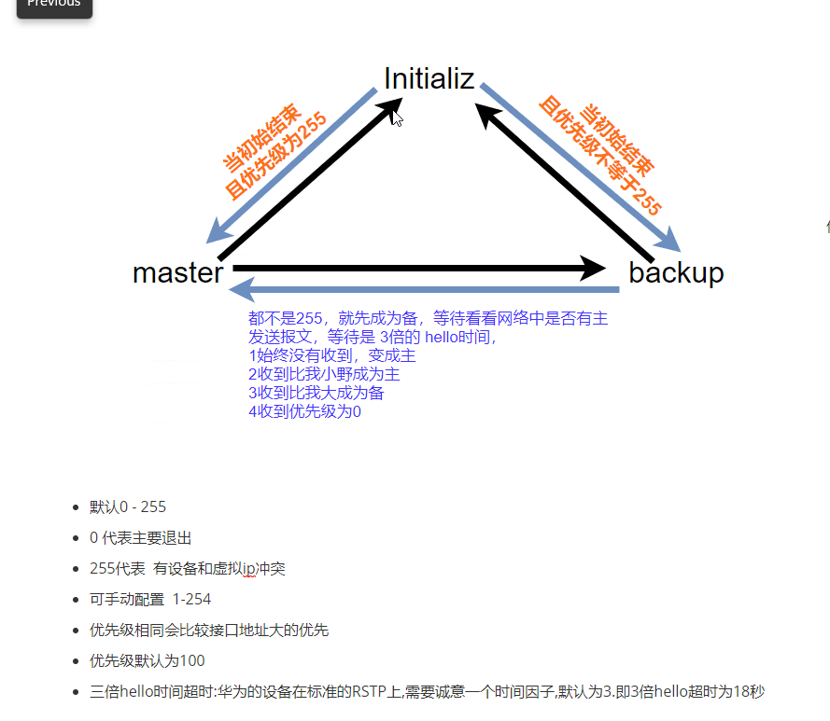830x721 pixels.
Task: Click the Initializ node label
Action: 429,78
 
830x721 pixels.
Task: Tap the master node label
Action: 177,272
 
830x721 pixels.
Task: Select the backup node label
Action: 676,272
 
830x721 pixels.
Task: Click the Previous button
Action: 54,5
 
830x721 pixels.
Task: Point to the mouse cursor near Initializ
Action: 397,118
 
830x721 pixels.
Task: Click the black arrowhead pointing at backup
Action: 594,269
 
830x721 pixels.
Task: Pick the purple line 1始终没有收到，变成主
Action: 331,355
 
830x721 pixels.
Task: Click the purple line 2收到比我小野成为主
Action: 324,374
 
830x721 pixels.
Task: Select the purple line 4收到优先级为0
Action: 304,411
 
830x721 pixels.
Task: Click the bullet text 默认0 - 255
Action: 128,507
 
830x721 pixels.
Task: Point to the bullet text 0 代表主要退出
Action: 141,538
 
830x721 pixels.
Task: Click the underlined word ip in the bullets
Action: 249,569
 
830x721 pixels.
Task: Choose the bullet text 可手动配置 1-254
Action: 150,600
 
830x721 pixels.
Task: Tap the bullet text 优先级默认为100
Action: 147,661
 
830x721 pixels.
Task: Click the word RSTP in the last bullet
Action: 369,692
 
